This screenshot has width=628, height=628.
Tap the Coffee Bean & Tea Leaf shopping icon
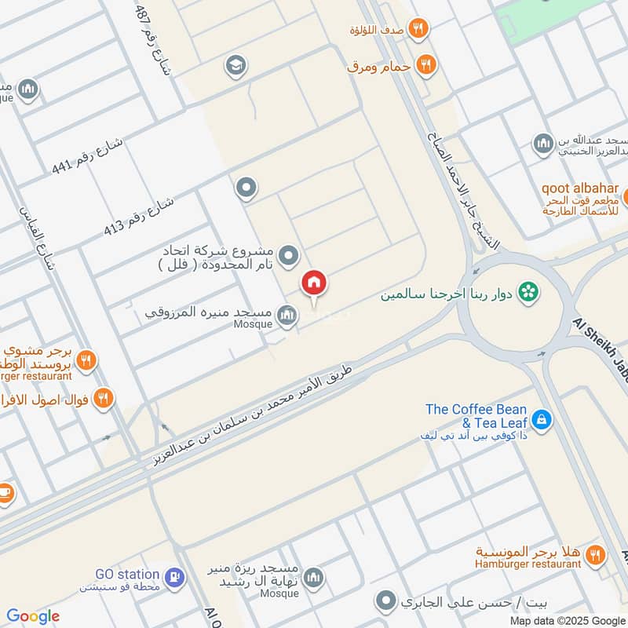click(x=542, y=421)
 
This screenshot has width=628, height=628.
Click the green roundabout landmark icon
click(x=531, y=292)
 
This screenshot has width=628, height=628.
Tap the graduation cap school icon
click(x=233, y=66)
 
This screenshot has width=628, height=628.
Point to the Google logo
click(x=33, y=616)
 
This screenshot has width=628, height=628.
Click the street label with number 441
click(x=88, y=155)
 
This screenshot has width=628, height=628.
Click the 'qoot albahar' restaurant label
click(x=579, y=189)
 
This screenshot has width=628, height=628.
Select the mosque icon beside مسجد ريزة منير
click(x=313, y=578)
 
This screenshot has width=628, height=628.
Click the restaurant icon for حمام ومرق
click(x=426, y=65)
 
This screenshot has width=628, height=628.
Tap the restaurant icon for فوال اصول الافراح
click(x=103, y=399)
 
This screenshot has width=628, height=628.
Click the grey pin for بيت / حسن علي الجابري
click(x=385, y=603)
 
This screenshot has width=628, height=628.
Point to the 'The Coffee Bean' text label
click(x=476, y=409)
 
